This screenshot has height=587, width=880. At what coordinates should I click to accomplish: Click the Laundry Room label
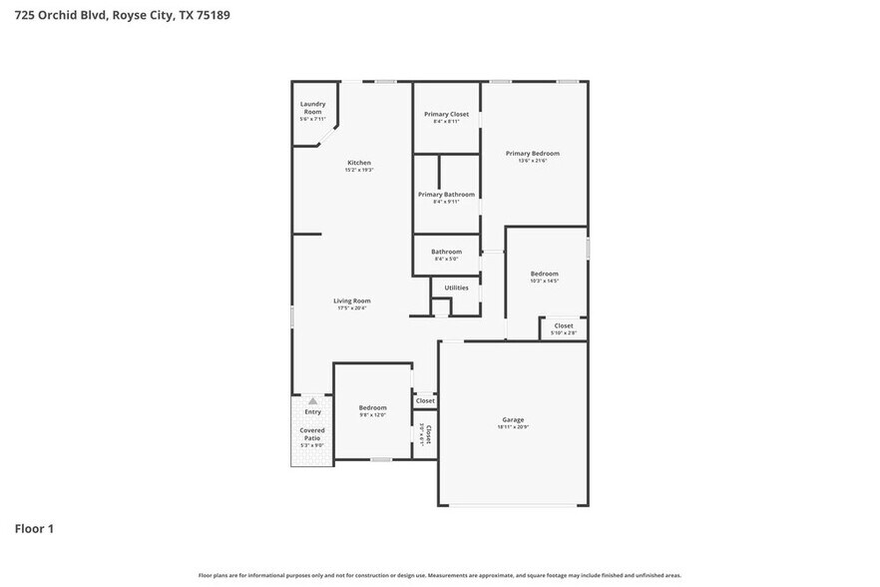coord(312,107)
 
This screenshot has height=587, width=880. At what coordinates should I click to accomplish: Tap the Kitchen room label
coord(359,163)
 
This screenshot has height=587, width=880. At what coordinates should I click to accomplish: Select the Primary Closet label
coord(446,114)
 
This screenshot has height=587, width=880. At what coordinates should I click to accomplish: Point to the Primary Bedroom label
coord(532,153)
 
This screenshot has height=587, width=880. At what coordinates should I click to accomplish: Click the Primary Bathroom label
coord(446,195)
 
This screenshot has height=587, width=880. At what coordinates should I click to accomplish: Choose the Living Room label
coord(351,300)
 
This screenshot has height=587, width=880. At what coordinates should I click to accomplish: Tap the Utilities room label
coord(456,288)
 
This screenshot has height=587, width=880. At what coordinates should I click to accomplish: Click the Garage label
coord(513,419)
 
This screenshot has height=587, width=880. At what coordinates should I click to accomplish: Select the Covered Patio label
coord(312,434)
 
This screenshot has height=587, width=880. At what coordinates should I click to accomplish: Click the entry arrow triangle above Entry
coord(312,400)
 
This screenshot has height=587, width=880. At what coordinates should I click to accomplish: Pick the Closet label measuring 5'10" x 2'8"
coord(564,325)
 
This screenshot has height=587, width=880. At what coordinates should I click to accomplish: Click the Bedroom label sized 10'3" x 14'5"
coord(544,274)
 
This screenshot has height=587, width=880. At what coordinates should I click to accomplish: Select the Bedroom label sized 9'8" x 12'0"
coord(372,407)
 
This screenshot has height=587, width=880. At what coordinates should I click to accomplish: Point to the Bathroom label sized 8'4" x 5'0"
coord(446,252)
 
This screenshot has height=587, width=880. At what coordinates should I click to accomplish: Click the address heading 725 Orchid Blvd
coord(117,16)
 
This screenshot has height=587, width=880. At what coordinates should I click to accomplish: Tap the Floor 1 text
coord(34,528)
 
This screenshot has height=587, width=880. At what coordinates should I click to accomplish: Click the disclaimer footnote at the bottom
coord(440,575)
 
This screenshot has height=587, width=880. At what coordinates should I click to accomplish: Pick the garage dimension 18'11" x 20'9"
coord(513,427)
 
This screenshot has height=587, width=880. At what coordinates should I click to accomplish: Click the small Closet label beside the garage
coord(425,400)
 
